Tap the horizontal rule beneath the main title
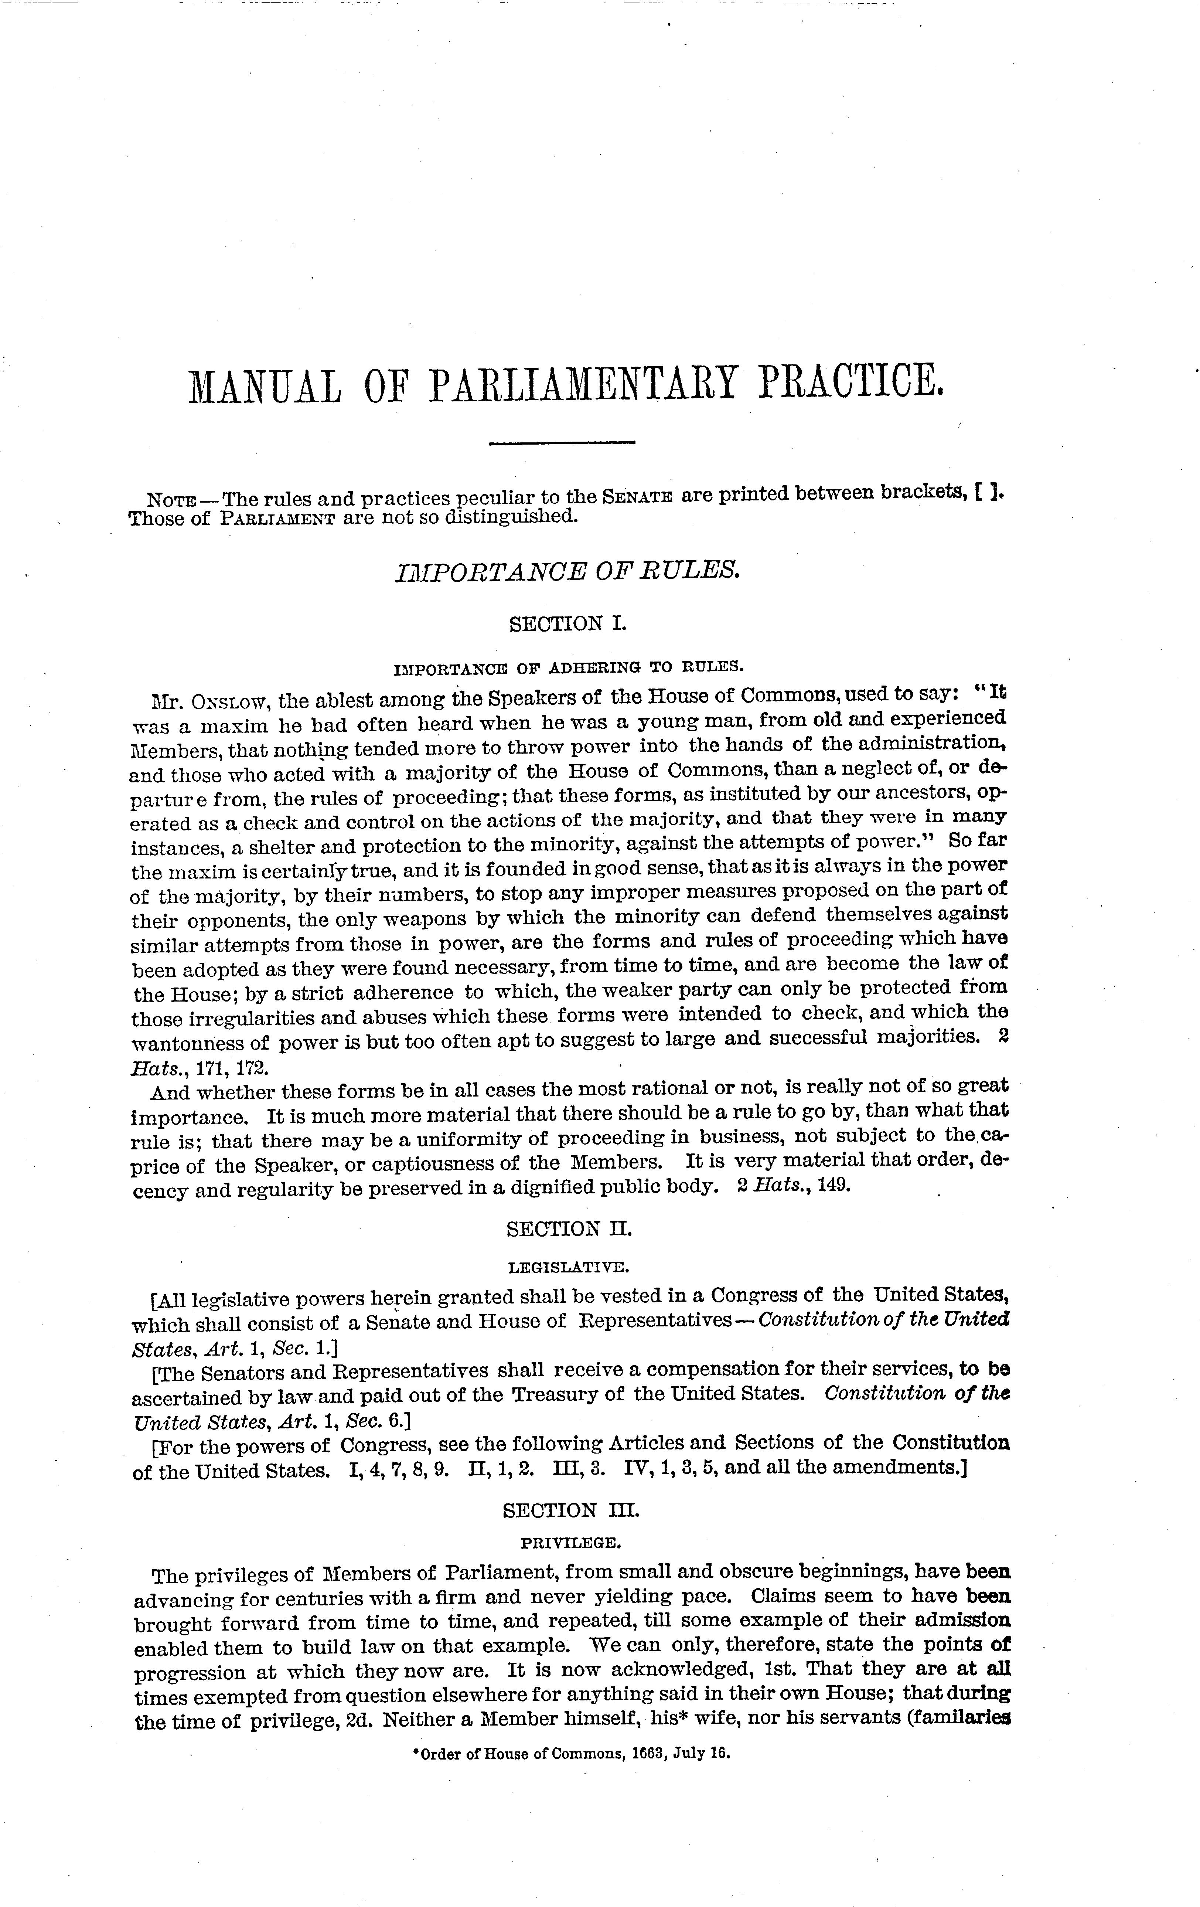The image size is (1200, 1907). coord(562,442)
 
